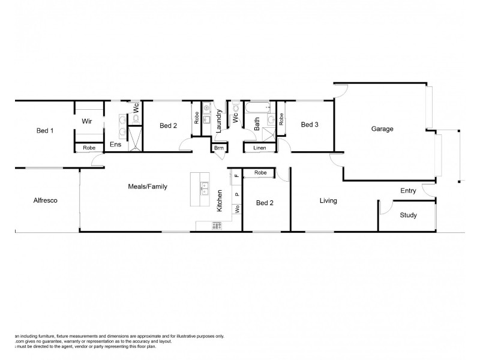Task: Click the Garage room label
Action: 382,128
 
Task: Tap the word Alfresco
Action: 45,200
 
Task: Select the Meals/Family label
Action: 147,187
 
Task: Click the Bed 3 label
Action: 309,125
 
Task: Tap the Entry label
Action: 408,191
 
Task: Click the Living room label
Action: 328,200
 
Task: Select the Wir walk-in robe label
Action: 88,121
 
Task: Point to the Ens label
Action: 116,145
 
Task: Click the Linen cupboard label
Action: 259,148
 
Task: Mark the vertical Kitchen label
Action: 221,200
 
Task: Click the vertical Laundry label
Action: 220,121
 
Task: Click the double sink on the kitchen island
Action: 204,188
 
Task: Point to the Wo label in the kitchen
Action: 237,209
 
